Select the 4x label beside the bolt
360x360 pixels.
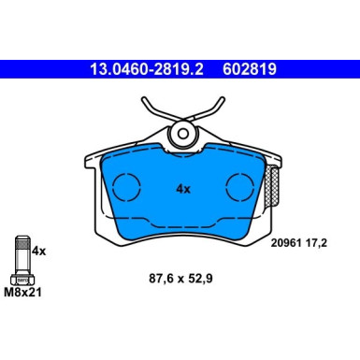click(39, 251)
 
